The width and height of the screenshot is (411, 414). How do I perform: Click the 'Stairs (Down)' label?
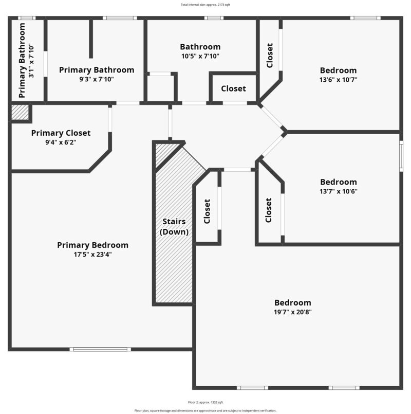point(174,227)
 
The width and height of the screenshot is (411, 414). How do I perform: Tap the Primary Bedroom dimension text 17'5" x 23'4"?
point(92,254)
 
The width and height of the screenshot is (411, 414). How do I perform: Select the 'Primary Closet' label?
point(61,133)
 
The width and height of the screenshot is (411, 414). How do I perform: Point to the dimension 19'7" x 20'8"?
point(292,312)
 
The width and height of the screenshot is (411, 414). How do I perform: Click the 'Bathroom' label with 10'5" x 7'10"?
point(200,47)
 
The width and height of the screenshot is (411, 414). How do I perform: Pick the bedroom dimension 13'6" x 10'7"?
point(338,80)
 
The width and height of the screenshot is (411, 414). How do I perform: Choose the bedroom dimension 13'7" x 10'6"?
point(338,191)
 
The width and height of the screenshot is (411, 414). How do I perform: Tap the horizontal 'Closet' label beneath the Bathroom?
point(233,88)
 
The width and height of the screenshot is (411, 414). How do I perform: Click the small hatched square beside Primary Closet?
point(20,113)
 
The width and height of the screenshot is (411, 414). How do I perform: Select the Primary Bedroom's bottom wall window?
point(100,349)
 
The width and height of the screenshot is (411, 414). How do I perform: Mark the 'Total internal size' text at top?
point(205,5)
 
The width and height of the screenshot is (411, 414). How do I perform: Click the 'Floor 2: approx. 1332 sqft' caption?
point(206,402)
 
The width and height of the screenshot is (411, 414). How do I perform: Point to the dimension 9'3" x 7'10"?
point(97,79)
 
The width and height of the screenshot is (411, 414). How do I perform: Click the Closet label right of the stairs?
point(207,211)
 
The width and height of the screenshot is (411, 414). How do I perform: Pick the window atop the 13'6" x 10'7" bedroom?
point(365,18)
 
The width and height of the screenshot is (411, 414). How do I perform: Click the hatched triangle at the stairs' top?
point(165,153)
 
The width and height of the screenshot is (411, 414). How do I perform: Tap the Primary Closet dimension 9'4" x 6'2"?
point(61,142)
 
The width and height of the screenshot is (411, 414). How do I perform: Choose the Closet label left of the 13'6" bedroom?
point(270,55)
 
